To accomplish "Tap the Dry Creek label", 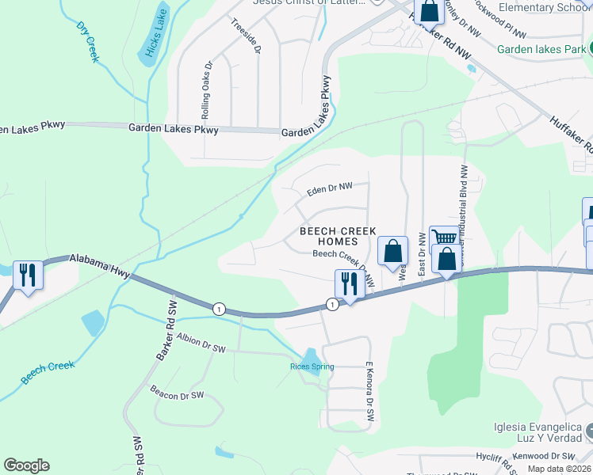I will [x=88, y=41].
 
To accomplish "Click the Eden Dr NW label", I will [x=329, y=188].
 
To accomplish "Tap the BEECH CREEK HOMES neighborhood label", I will [x=338, y=235].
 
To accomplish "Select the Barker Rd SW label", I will [x=164, y=330].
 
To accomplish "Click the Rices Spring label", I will [x=312, y=367].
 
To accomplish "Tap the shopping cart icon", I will [x=443, y=237].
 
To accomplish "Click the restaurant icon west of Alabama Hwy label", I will [x=28, y=275].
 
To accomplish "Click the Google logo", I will [x=26, y=465].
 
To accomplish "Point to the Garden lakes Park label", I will [x=541, y=49].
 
